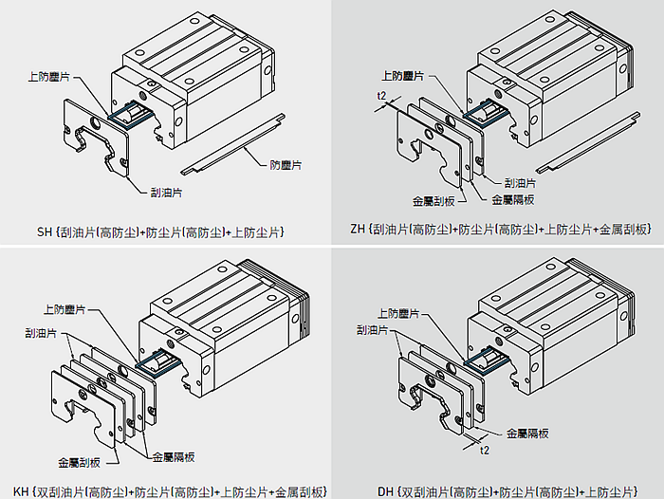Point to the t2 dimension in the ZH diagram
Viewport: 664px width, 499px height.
381,96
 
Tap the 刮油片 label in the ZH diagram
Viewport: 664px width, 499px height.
520,183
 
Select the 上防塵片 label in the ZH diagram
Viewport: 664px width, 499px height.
402,75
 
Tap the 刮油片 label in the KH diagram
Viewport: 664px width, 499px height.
41,333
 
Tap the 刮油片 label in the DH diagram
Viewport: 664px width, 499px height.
373,330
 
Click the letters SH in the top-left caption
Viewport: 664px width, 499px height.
45,231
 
